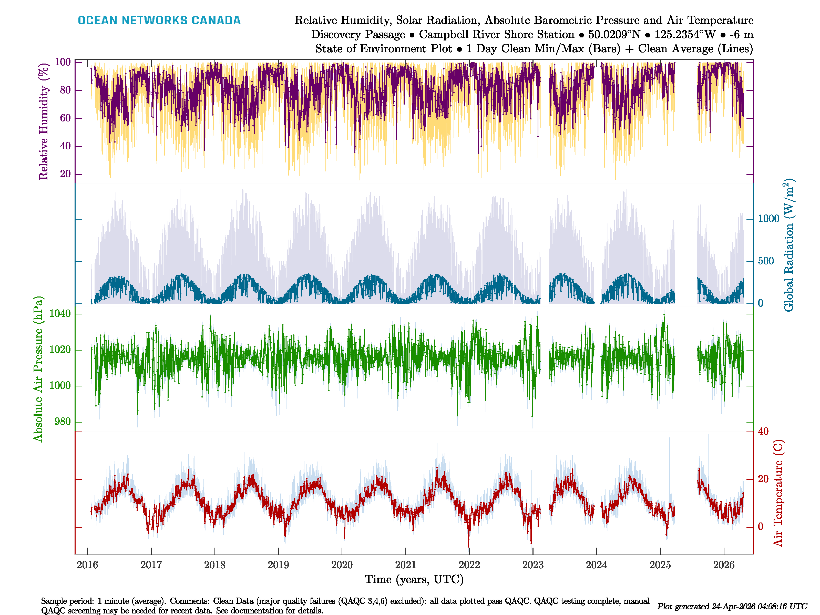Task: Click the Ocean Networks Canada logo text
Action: click(x=159, y=20)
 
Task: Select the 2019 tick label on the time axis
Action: click(x=278, y=565)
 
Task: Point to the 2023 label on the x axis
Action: click(x=533, y=565)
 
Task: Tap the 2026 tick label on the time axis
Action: click(x=724, y=565)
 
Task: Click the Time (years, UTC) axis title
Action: click(x=414, y=579)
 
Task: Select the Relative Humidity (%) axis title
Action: click(x=44, y=122)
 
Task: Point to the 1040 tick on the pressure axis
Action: click(x=60, y=314)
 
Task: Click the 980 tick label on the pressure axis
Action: click(x=62, y=422)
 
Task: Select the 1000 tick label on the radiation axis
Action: click(x=768, y=219)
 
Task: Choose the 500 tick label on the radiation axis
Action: click(x=766, y=261)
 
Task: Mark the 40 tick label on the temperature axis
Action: click(x=763, y=432)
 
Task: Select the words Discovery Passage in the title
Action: click(x=358, y=35)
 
